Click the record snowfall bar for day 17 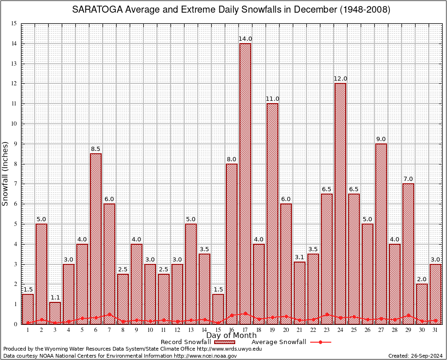tap(245, 183)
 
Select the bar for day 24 tap(341, 203)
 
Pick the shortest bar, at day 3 tap(55, 313)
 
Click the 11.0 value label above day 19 tap(272, 99)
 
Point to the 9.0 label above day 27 tap(381, 139)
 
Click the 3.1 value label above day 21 tap(299, 257)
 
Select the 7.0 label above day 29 tap(408, 179)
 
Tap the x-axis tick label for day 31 tap(435, 330)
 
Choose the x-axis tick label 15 tap(218, 330)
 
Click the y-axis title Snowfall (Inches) tap(6, 173)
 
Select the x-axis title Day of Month tap(231, 336)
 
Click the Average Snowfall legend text tap(278, 342)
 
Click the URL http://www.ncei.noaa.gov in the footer tap(205, 356)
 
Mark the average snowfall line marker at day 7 tap(109, 315)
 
